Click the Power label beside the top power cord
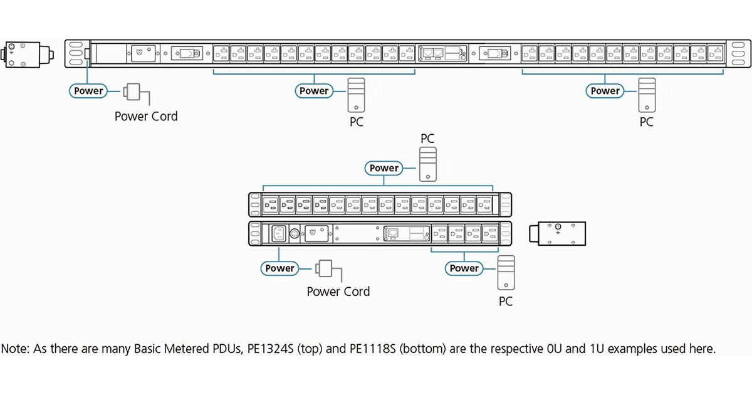coord(88,91)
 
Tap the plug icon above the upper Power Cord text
coord(136,94)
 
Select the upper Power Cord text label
coord(146,116)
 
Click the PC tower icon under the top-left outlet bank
coord(356,95)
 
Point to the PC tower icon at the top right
coord(647,95)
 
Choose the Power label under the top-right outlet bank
coord(605,91)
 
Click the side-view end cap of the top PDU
coord(27,55)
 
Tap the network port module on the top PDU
coord(442,53)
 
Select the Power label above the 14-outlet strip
coord(384,168)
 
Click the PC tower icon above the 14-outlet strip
coord(428,164)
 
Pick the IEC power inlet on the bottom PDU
coord(279,233)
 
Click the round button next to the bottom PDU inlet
coord(295,233)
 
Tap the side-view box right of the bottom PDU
coord(557,233)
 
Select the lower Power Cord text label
coord(338,292)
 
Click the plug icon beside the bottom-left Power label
coord(328,270)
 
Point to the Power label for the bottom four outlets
coord(464,268)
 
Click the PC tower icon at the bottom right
coord(506,272)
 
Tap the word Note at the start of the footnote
coord(15,349)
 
